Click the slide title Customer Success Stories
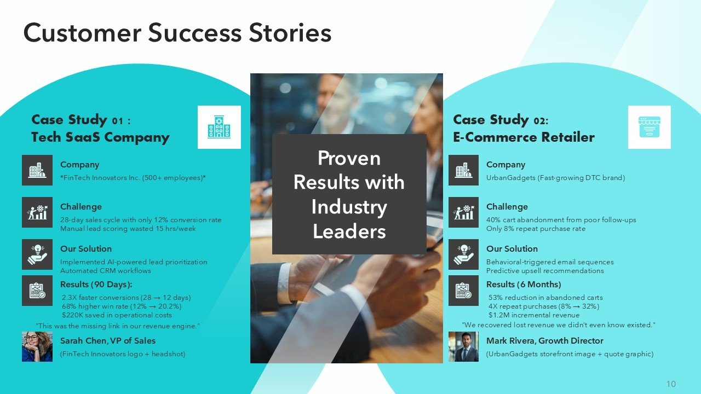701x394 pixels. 177,33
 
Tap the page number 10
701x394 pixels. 671,384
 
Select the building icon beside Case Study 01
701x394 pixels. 219,127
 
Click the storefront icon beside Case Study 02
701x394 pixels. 649,127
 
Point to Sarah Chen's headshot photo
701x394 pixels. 37,346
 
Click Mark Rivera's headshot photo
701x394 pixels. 463,346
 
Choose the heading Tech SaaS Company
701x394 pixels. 100,137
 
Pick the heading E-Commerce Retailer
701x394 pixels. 524,137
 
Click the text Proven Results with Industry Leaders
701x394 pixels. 349,194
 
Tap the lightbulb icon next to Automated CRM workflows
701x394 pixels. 37,254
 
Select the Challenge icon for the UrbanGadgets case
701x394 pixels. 463,212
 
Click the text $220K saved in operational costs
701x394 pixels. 117,315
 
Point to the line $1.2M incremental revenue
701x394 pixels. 533,315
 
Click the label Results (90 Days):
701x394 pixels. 96,285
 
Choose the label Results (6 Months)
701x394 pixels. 524,285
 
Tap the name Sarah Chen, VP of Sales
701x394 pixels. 108,341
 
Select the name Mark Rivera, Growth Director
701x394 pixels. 544,341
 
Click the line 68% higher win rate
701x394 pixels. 122,306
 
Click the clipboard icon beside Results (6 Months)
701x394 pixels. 463,291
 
